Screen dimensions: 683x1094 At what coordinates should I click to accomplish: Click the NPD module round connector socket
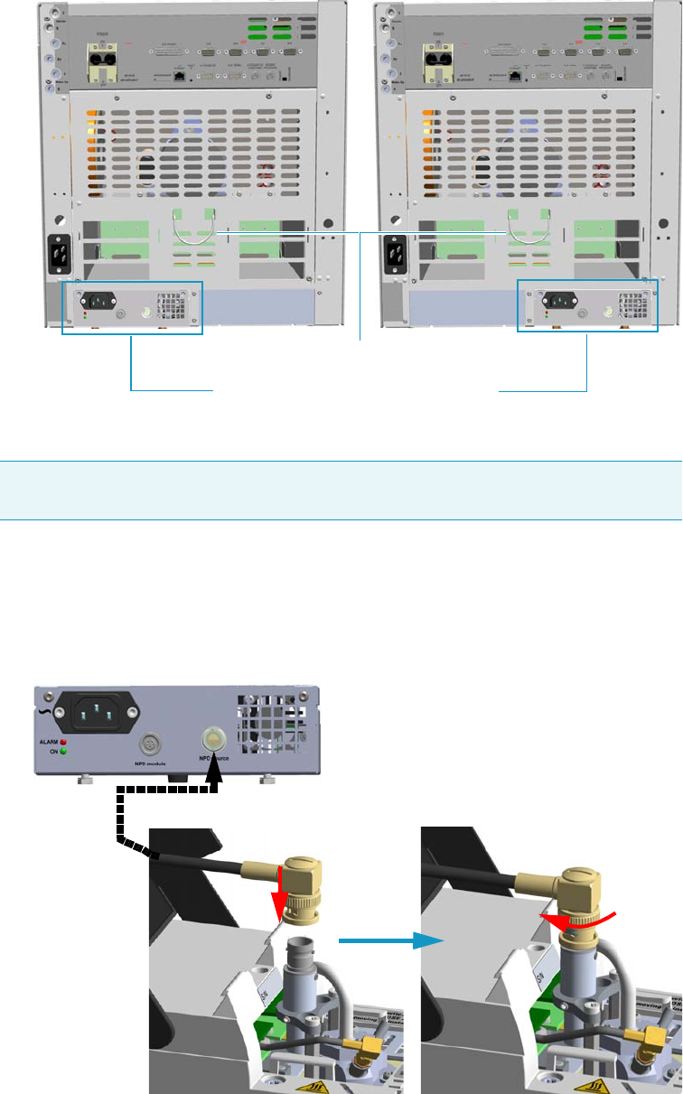(147, 744)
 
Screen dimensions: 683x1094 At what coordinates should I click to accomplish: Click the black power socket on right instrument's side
(395, 253)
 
